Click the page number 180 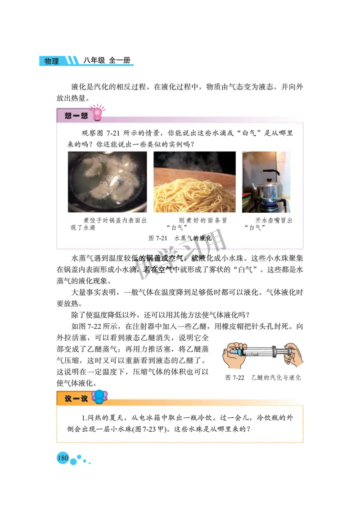tap(63, 458)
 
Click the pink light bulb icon tap(97, 114)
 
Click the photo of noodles tap(194, 182)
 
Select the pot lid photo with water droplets tap(107, 182)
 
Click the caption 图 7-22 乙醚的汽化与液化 tap(263, 378)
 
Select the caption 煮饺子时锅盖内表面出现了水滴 tap(108, 224)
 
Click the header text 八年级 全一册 tap(108, 61)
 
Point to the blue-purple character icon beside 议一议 tap(99, 397)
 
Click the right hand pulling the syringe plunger tap(292, 354)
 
